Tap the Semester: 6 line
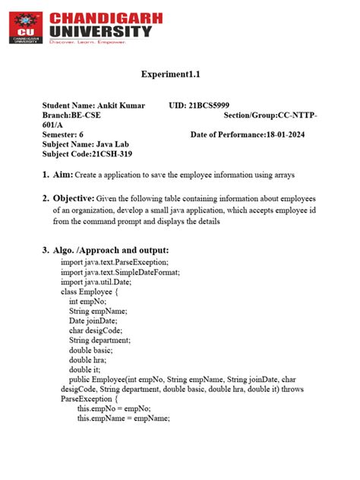point(63,134)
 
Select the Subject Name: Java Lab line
point(81,144)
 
